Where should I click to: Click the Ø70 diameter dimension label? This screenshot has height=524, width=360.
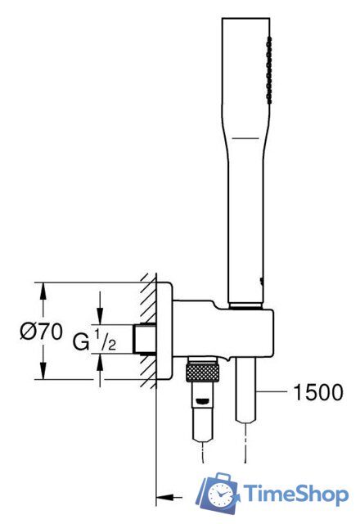pyautogui.click(x=41, y=332)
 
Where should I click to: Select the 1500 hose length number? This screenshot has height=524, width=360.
pyautogui.click(x=318, y=392)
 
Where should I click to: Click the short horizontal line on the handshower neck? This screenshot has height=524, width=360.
pyautogui.click(x=245, y=138)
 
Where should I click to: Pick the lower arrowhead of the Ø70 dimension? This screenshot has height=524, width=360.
pyautogui.click(x=43, y=370)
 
